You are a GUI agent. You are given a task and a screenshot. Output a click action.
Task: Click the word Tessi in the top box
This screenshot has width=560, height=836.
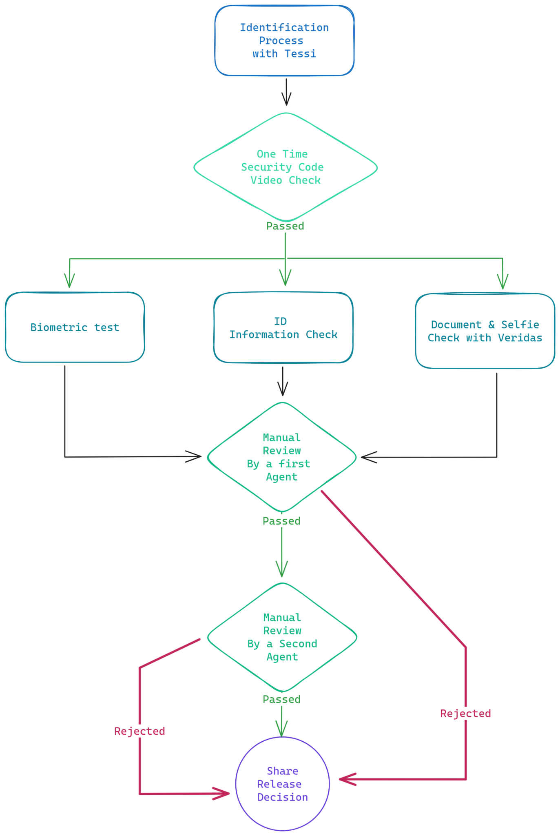tap(300, 54)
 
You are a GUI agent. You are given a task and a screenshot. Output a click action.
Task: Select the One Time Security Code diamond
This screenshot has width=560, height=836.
tap(285, 167)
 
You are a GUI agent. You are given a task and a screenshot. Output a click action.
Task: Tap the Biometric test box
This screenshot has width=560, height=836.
tap(75, 327)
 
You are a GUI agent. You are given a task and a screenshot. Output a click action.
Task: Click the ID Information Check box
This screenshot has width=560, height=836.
tap(283, 328)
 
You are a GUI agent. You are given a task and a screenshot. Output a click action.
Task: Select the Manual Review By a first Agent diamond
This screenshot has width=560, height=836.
tap(281, 457)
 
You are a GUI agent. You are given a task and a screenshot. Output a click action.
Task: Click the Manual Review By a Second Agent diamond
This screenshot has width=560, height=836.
tap(282, 637)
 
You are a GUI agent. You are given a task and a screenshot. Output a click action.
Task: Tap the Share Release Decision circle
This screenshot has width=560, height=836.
tap(282, 784)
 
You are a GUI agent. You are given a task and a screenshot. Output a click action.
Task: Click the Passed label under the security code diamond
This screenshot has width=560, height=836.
tap(285, 226)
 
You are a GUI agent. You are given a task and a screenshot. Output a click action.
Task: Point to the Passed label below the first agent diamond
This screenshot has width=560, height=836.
tap(281, 521)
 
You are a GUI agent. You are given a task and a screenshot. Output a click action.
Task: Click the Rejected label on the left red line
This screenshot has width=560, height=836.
tap(139, 731)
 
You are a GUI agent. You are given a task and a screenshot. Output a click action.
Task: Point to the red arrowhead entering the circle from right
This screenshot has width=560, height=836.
tap(345, 779)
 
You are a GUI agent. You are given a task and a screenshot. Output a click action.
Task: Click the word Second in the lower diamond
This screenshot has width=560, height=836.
tap(298, 644)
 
